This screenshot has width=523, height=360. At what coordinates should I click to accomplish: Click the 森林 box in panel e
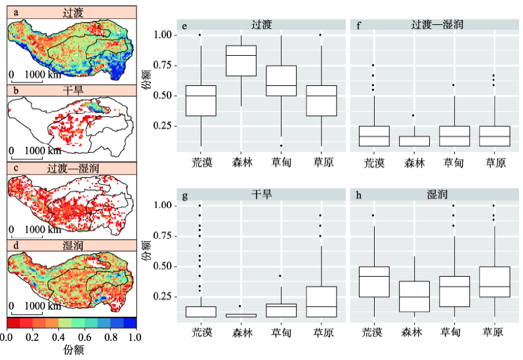[241, 60]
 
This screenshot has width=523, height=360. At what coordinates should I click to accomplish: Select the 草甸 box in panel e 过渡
[281, 81]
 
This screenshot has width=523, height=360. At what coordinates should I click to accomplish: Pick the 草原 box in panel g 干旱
[322, 302]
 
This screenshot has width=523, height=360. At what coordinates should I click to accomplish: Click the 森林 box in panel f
[414, 141]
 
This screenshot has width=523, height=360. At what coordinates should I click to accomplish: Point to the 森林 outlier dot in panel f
[414, 115]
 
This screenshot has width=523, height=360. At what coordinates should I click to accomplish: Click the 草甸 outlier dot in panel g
[281, 276]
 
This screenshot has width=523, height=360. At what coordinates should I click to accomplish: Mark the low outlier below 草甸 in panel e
[281, 146]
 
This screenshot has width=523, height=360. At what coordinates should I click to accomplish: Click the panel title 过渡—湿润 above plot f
[434, 25]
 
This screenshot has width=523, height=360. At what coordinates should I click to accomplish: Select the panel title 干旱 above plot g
[261, 195]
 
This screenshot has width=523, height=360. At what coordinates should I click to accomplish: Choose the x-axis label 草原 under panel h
[495, 332]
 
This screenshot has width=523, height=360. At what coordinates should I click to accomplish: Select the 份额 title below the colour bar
[71, 350]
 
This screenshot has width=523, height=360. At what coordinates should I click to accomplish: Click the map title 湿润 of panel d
[71, 245]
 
